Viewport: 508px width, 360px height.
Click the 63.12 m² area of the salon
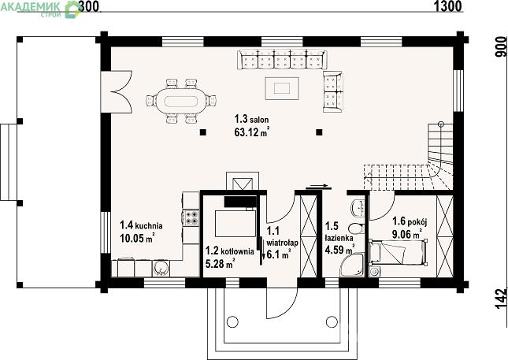[252, 132]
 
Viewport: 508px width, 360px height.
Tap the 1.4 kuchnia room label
[141, 225]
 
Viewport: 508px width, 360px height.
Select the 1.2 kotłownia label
[230, 251]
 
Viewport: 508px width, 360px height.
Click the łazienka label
[339, 238]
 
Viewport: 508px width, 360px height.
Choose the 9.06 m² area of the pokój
[407, 233]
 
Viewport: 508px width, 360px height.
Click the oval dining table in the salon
[181, 101]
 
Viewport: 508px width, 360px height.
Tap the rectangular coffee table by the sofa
[282, 88]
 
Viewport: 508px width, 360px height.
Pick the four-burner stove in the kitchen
[191, 217]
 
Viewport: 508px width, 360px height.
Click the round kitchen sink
[161, 269]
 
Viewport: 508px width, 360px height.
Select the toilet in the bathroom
[357, 229]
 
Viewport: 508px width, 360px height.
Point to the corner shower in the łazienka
[352, 265]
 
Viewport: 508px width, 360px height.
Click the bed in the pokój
[399, 252]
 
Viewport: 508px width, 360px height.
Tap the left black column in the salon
[203, 132]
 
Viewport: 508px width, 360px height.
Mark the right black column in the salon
[319, 132]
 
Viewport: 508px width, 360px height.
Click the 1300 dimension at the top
[447, 6]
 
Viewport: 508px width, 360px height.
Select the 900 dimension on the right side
[502, 46]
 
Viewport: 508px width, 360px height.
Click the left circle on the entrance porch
[232, 321]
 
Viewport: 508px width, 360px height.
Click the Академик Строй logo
[40, 9]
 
